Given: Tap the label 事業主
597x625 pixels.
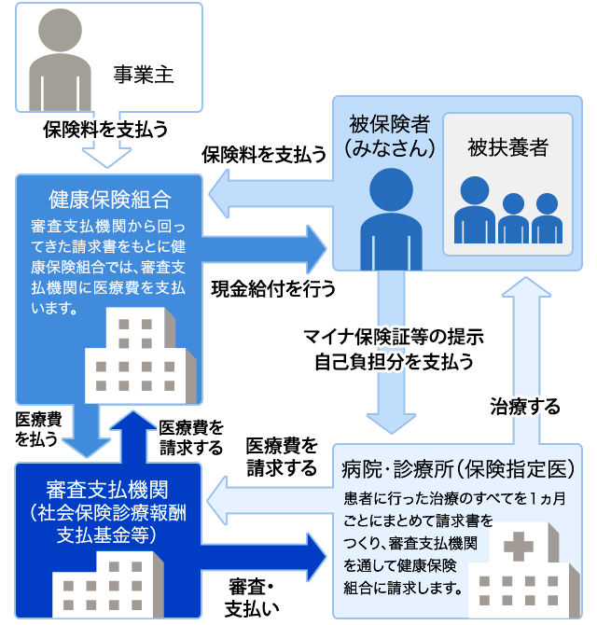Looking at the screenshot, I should pos(144,75).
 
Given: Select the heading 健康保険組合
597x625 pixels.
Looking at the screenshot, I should pos(109,199).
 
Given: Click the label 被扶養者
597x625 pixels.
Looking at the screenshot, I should pos(507,146).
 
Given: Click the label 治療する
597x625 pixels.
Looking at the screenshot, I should pos(525,407).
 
